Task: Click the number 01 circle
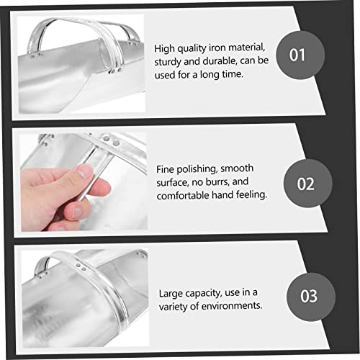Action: coord(300,55)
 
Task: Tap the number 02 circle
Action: coord(308,184)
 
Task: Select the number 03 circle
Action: coord(311,297)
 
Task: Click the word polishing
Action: coord(197,169)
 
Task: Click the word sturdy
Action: coord(168,62)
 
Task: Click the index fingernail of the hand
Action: coord(84,171)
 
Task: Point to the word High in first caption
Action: coord(164,49)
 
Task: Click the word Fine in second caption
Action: coord(165,169)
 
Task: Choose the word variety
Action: coord(172,307)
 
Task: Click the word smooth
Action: coord(237,168)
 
